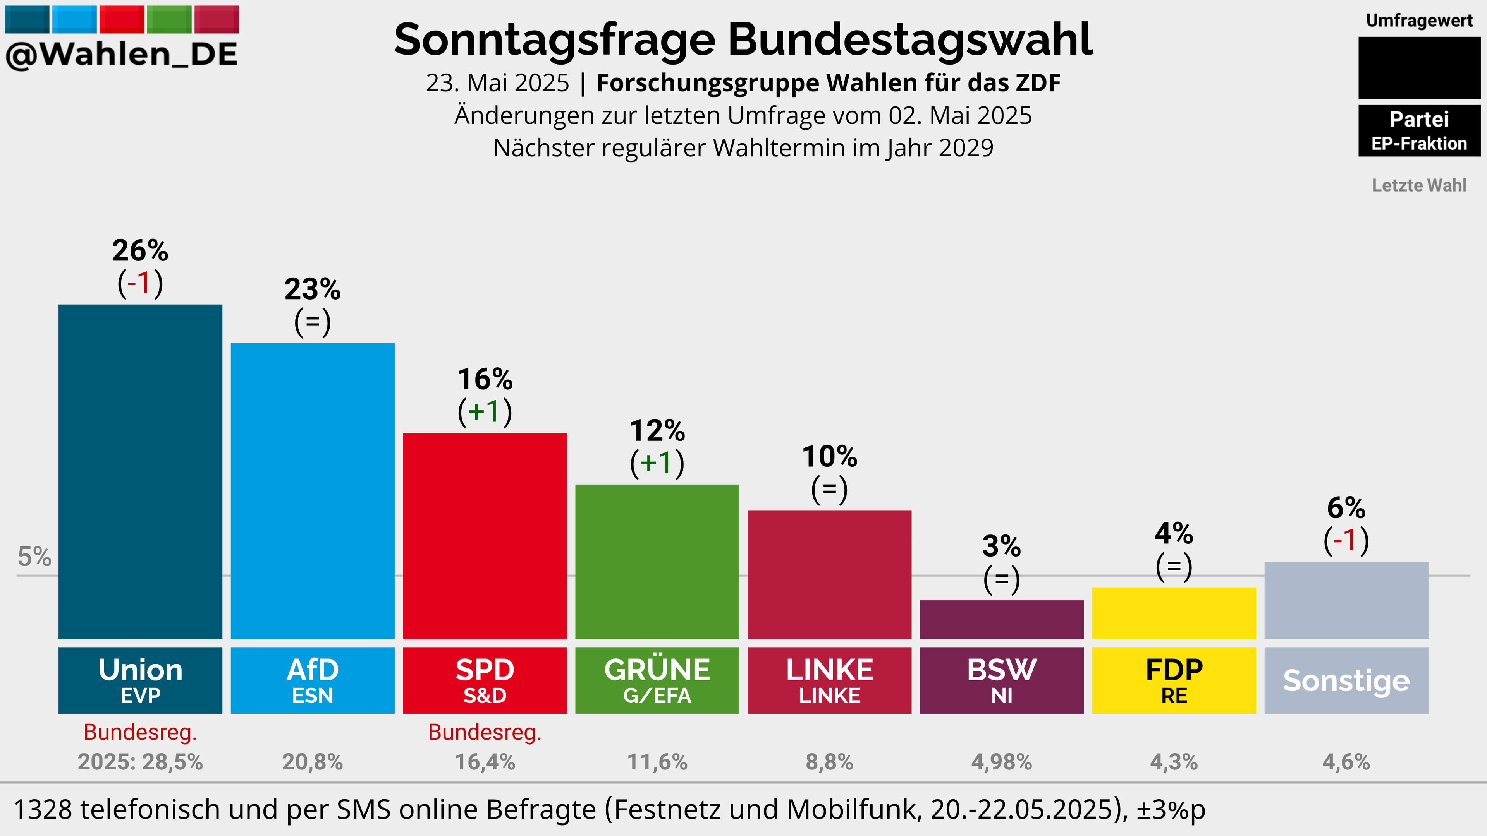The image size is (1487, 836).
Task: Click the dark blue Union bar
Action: click(x=140, y=471)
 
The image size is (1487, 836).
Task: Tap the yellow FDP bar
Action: click(x=1174, y=613)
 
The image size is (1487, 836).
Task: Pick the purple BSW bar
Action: click(x=1002, y=619)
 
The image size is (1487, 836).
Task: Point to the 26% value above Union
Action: click(x=140, y=250)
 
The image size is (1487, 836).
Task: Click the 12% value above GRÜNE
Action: click(x=657, y=430)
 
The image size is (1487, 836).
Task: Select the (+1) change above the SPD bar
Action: click(x=485, y=411)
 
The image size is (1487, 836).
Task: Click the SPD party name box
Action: click(x=485, y=680)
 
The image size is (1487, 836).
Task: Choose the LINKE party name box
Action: click(x=830, y=680)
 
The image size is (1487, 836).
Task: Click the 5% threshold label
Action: click(x=34, y=557)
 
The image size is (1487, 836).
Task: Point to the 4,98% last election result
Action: click(x=1002, y=762)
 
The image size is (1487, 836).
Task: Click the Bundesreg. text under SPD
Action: click(x=485, y=732)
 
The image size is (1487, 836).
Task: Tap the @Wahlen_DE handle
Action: click(x=122, y=54)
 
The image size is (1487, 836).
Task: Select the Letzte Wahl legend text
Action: click(x=1419, y=185)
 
